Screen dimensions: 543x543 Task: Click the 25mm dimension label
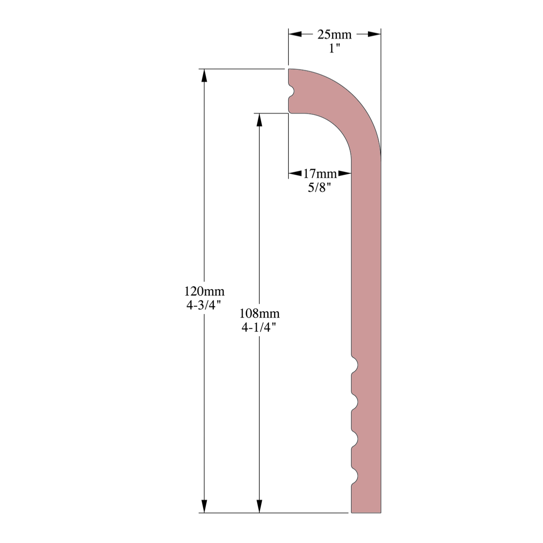click(334, 35)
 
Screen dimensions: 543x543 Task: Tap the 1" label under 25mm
click(334, 48)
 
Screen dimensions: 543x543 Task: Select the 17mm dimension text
click(320, 174)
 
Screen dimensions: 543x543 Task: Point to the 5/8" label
click(319, 187)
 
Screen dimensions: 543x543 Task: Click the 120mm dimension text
click(204, 291)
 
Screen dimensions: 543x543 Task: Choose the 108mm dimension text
click(259, 313)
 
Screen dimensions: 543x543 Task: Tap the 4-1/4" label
click(259, 327)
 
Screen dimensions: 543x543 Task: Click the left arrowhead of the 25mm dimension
click(295, 34)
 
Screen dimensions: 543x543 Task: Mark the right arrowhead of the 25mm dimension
click(374, 34)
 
